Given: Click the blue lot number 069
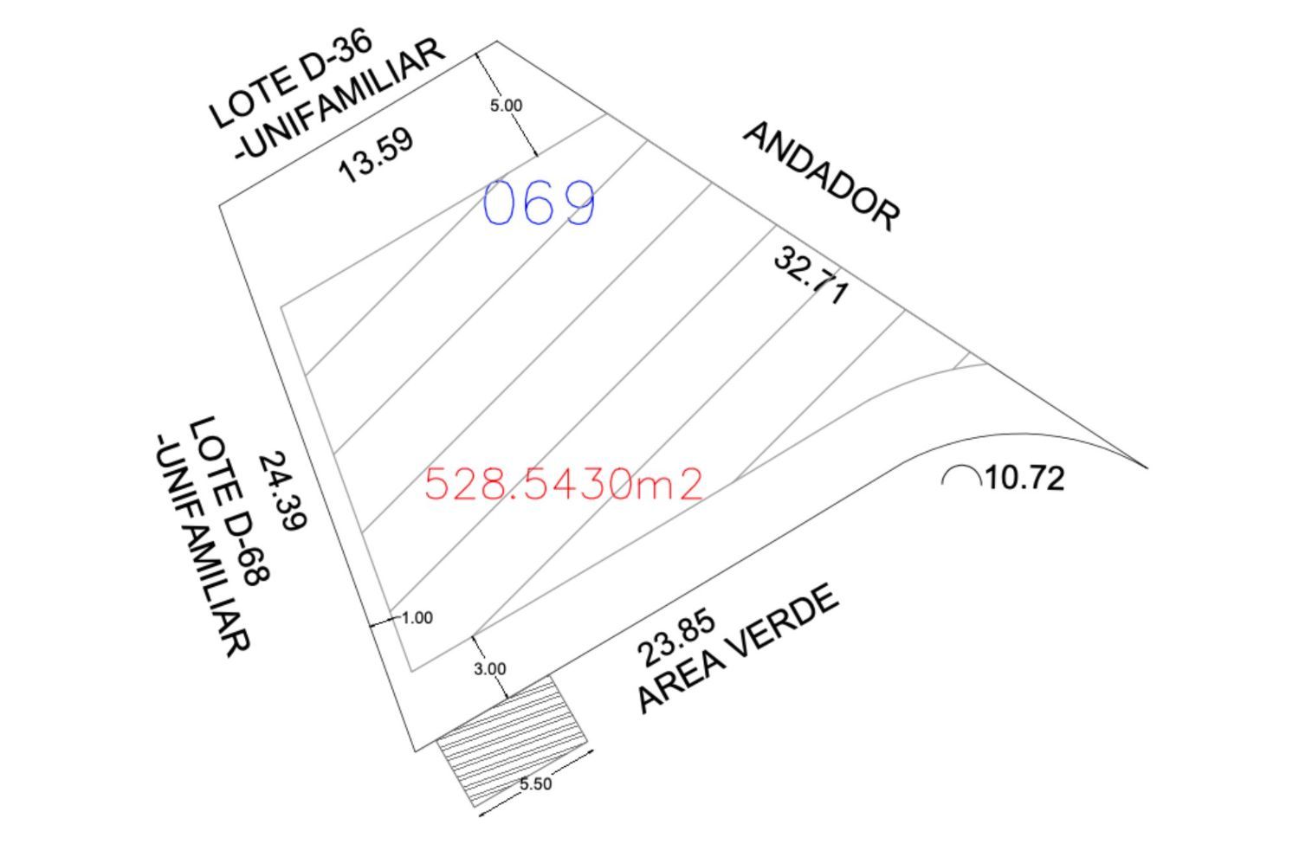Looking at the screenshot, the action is (540, 202).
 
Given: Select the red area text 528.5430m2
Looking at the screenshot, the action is (564, 484).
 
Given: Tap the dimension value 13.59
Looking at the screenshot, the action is (377, 154).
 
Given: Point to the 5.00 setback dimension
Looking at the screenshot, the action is (506, 106).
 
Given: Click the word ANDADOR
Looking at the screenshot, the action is (821, 177).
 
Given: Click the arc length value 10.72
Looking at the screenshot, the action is (1024, 479).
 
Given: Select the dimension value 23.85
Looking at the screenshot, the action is (676, 639).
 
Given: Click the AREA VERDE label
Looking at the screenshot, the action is (738, 648).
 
